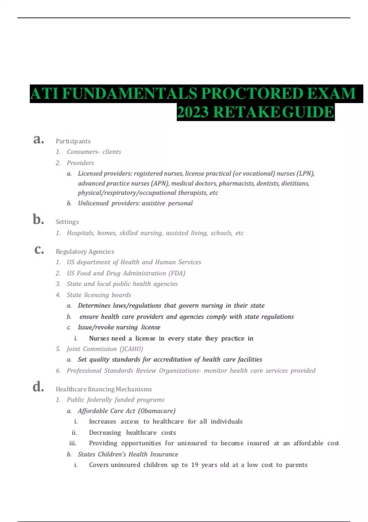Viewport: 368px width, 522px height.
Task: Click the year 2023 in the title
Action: [193, 112]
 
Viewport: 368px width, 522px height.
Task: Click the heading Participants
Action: [73, 141]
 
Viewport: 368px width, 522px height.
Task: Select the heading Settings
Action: [67, 222]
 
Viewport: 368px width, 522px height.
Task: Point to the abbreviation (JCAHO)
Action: [131, 349]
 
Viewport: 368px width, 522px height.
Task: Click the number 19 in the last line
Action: [194, 465]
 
